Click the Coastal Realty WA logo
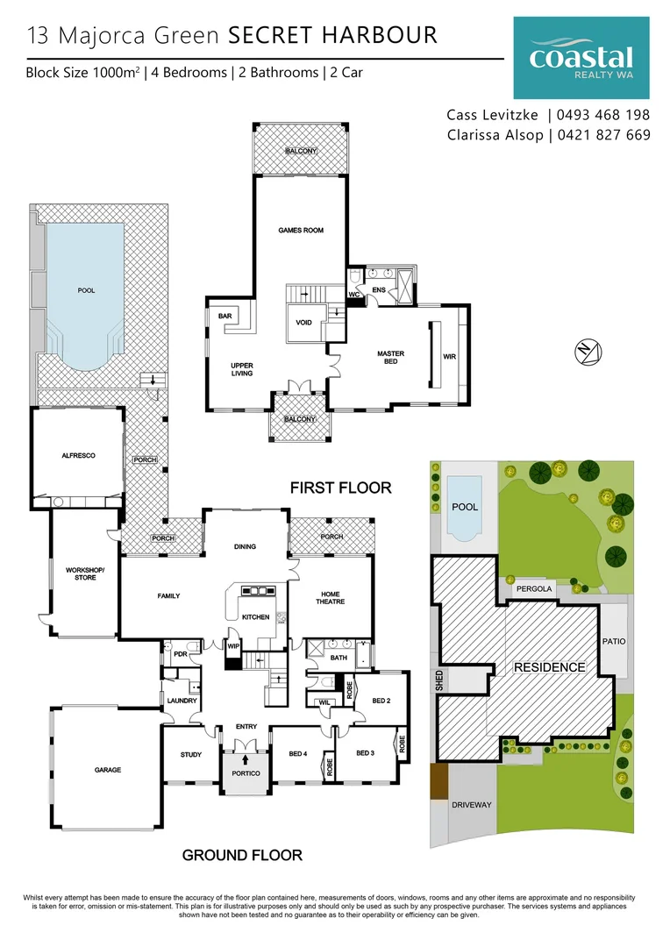(x=581, y=59)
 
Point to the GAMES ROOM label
(x=301, y=231)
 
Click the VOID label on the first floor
(x=303, y=323)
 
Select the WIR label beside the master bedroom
(x=450, y=357)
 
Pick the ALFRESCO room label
(x=78, y=456)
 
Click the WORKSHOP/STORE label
(x=85, y=573)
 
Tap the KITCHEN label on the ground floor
(x=256, y=617)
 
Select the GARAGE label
(x=108, y=770)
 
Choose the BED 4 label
(x=299, y=753)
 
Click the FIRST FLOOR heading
(x=341, y=488)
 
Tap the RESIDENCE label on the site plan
(x=549, y=667)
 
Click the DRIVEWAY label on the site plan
(x=472, y=804)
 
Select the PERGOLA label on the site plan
(x=534, y=589)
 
